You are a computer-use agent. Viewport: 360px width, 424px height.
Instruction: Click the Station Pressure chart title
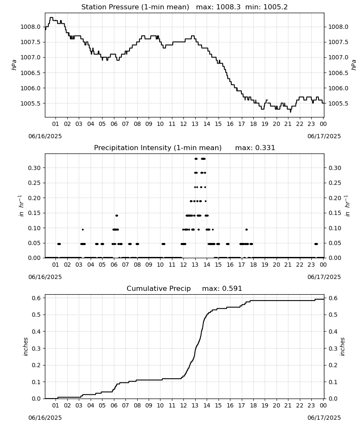135,7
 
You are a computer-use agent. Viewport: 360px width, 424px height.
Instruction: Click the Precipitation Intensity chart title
158,148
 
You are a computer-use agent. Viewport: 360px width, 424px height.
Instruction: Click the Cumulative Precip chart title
158,288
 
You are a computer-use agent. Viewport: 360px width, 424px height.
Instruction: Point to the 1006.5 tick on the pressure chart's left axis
30,73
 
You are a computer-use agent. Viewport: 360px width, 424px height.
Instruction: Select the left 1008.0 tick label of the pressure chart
30,27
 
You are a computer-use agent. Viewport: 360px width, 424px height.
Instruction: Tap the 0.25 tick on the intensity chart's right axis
335,183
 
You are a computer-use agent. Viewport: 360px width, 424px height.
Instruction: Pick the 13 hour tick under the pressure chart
195,124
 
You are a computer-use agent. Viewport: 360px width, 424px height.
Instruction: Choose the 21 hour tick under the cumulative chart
288,405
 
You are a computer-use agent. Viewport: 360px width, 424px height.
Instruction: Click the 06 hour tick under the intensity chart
114,265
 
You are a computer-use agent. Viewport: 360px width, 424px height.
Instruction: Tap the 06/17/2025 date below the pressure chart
324,136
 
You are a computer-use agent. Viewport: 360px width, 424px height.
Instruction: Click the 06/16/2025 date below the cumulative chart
45,418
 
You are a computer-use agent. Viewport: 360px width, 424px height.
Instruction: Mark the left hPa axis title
14,65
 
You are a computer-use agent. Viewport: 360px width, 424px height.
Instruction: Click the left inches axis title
26,346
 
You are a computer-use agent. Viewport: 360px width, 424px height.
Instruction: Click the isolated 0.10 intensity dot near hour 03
83,229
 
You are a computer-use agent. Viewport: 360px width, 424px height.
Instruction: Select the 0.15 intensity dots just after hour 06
116,215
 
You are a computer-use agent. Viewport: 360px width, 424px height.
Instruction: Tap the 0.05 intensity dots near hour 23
316,244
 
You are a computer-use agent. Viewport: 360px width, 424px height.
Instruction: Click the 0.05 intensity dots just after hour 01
59,244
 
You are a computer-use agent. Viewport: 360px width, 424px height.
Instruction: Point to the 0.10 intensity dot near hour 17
246,229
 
